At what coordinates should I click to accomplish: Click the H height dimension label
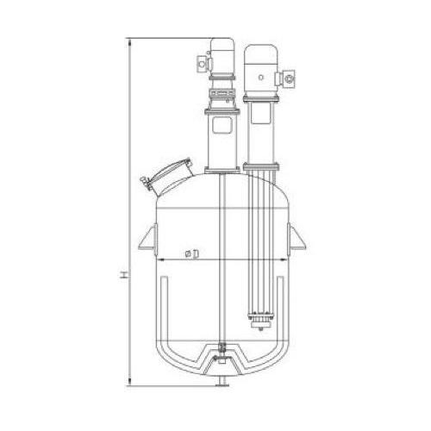coord(124,274)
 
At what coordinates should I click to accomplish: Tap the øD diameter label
coord(193,253)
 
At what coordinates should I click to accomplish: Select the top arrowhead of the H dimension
coord(130,42)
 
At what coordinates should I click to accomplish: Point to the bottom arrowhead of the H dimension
coord(130,382)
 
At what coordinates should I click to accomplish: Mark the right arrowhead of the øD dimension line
coord(284,260)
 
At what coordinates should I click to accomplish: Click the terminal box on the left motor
coord(203,64)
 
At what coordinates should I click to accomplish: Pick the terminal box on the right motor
coord(288,78)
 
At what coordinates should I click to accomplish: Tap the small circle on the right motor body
coord(261,77)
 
